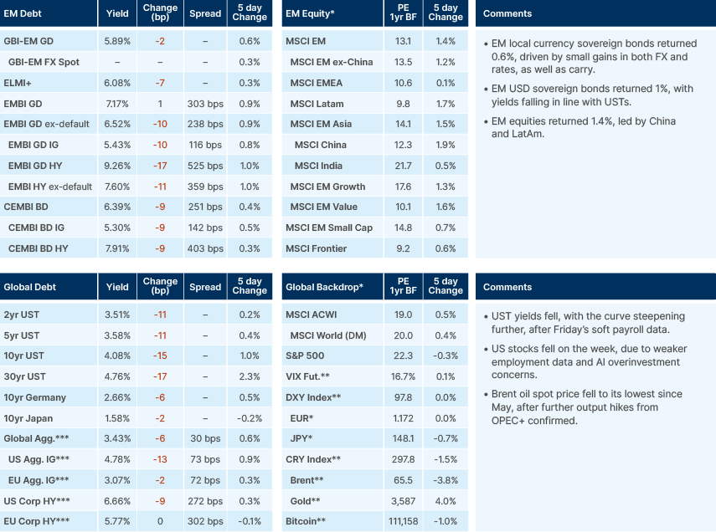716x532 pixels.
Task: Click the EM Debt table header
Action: pyautogui.click(x=24, y=13)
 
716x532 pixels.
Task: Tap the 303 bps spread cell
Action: pyautogui.click(x=206, y=104)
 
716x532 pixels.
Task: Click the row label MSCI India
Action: pyautogui.click(x=322, y=166)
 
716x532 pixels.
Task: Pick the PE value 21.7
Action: pyautogui.click(x=403, y=166)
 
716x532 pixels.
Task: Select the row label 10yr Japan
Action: pyautogui.click(x=28, y=418)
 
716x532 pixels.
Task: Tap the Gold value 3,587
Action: pyautogui.click(x=403, y=501)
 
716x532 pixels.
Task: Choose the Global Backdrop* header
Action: pyautogui.click(x=324, y=287)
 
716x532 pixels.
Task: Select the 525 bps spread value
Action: pyautogui.click(x=206, y=166)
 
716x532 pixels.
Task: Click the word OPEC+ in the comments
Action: pyautogui.click(x=503, y=421)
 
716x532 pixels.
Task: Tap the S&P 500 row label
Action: pyautogui.click(x=307, y=356)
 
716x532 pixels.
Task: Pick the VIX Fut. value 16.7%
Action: pyautogui.click(x=403, y=376)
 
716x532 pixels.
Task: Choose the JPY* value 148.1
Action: pyautogui.click(x=403, y=439)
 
